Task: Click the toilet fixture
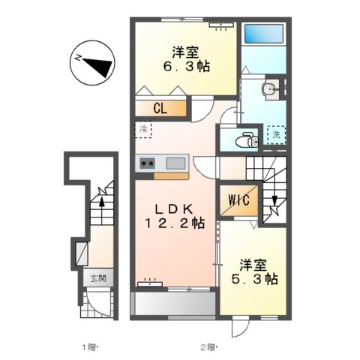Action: click(244, 139)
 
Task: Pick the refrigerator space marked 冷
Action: click(143, 128)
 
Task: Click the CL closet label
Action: click(159, 108)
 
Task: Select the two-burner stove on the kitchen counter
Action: click(146, 163)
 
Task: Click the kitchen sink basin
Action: click(175, 163)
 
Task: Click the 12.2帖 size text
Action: click(175, 222)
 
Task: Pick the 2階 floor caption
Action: click(208, 346)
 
